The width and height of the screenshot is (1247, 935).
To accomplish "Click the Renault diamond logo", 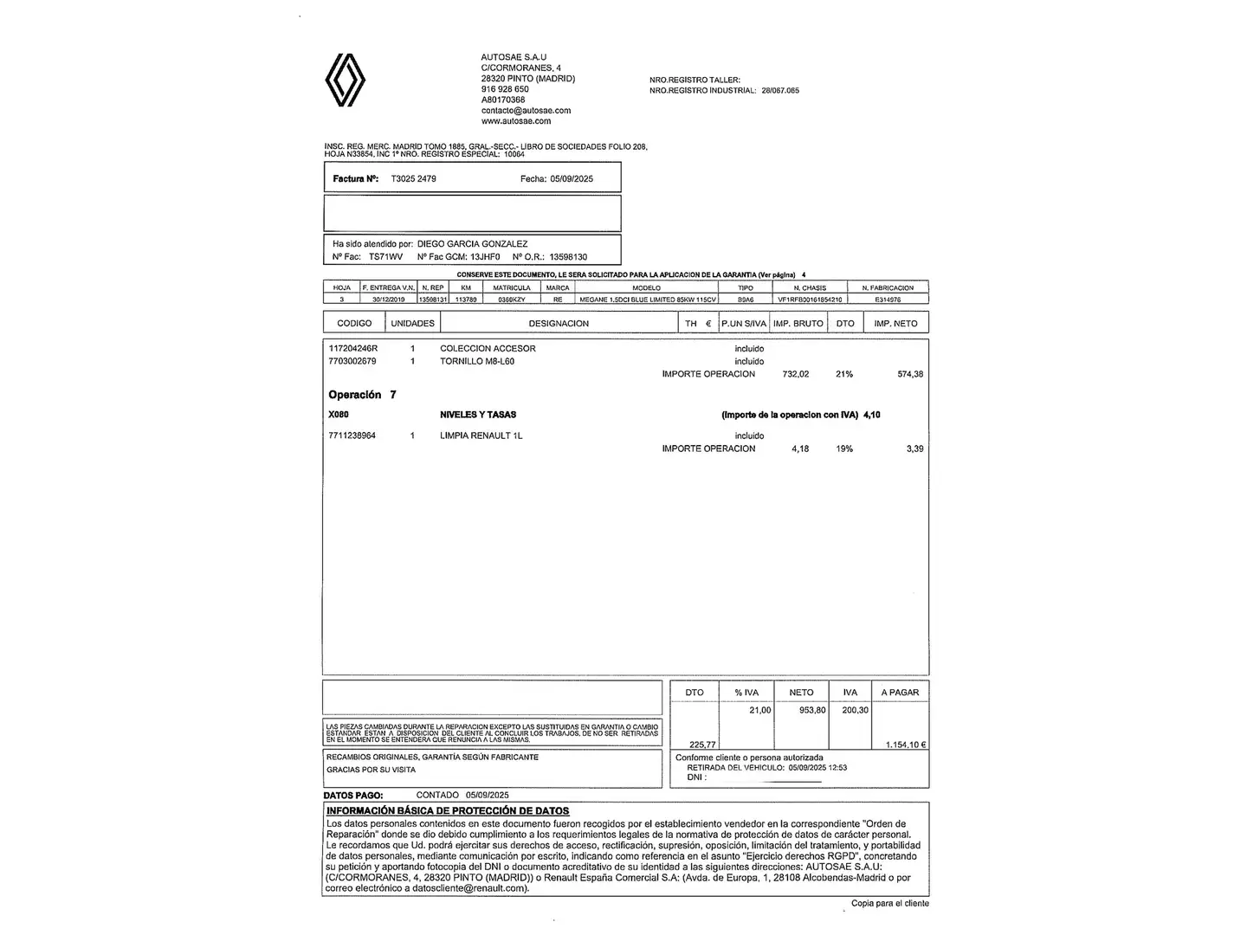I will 345,80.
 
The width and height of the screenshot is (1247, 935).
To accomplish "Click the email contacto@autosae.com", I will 526,111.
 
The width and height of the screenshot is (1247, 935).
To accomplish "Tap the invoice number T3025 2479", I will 413,179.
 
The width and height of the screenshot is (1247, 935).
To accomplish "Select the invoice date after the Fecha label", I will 572,179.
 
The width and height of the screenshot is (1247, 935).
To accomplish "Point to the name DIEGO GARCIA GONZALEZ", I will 472,244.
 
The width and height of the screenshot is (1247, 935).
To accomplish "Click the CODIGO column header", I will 354,324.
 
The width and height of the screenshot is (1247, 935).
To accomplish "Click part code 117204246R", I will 353,349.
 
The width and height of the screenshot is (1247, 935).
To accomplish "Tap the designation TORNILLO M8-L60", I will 476,362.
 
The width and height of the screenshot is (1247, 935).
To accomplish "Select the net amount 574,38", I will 910,375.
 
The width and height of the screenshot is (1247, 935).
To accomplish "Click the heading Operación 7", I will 362,395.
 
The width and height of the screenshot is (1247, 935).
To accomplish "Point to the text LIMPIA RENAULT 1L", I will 481,436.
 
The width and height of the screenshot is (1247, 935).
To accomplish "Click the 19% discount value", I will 844,449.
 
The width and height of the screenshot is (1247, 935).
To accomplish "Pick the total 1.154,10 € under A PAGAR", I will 906,745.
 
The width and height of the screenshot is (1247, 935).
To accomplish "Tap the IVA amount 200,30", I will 855,711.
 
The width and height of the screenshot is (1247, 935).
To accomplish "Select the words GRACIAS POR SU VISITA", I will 371,770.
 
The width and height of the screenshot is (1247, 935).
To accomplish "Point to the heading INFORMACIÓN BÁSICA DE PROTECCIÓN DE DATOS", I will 448,811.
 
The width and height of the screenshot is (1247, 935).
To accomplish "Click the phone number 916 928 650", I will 505,89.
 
